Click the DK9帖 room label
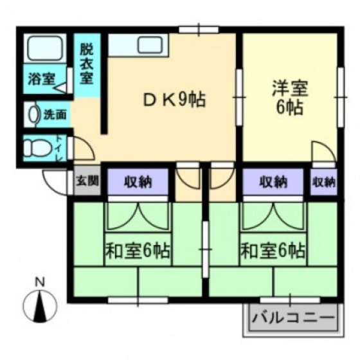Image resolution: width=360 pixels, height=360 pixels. tap(172, 100)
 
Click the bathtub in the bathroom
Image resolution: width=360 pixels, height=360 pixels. tap(43, 48)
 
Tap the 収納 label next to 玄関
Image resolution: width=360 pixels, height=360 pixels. tap(138, 182)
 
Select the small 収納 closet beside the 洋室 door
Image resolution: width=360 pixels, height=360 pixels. tap(323, 182)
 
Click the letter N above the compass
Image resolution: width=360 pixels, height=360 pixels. tap(39, 282)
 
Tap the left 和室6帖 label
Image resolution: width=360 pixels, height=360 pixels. tap(137, 250)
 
